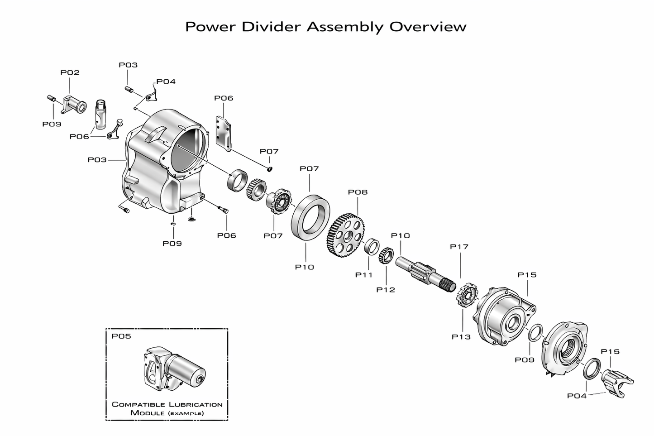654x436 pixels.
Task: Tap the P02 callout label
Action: click(x=70, y=72)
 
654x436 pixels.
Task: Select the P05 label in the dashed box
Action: click(x=121, y=336)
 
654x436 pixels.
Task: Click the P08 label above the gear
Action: click(x=358, y=192)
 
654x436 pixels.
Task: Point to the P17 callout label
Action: click(x=459, y=247)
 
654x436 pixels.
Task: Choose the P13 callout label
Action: click(x=461, y=337)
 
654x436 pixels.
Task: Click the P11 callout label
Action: click(x=364, y=275)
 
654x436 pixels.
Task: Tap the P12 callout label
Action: click(x=386, y=290)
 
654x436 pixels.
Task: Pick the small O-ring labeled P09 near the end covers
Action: click(x=535, y=333)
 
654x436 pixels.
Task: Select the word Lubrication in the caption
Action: click(x=195, y=404)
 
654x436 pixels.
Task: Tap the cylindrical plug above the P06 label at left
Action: click(x=100, y=115)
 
